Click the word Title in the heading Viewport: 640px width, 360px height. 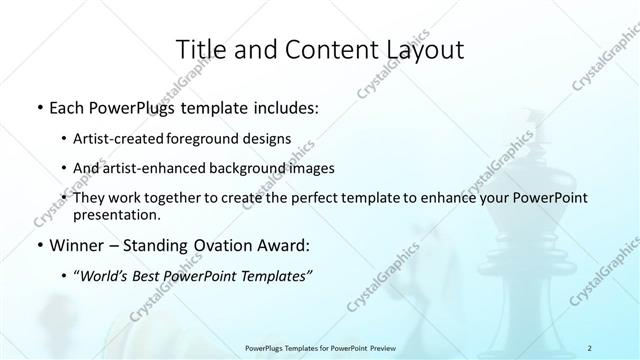[198, 49]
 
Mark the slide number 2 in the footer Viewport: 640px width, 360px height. [590, 348]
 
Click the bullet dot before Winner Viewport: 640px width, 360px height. [39, 246]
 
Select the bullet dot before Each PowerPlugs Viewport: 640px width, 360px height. [39, 107]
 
